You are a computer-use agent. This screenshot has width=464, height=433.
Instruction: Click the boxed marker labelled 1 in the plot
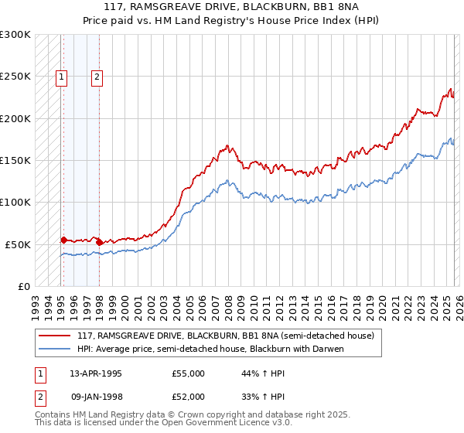click(61, 77)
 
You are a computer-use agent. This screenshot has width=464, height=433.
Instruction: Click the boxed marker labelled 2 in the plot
click(97, 77)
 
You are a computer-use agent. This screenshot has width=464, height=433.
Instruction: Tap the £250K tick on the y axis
click(15, 77)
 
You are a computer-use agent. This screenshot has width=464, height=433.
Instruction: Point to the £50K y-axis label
click(18, 244)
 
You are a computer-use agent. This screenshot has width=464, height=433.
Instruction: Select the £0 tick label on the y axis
click(23, 286)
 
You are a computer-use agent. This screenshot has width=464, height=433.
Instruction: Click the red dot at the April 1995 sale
click(63, 240)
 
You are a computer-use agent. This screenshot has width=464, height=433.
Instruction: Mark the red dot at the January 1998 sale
click(99, 243)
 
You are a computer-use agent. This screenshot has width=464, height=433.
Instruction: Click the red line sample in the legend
click(55, 336)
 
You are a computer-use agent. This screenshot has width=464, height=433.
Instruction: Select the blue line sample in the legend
click(55, 349)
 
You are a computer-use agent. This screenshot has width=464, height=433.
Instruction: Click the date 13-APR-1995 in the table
click(96, 373)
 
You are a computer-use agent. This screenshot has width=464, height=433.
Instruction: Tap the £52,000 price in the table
click(188, 396)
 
